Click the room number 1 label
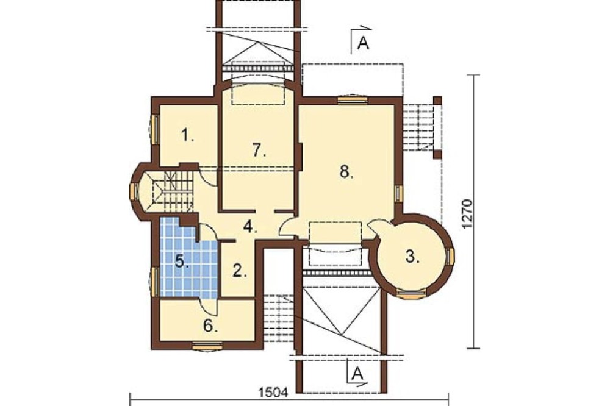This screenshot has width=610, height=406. [187, 136]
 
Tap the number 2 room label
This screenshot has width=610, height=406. [240, 270]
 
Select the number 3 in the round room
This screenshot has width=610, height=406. [412, 257]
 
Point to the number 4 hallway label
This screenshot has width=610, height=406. [250, 226]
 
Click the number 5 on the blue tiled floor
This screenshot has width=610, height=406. [182, 261]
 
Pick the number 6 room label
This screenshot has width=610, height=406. [210, 326]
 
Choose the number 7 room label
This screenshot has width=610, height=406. [259, 150]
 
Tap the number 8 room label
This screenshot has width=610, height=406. [346, 171]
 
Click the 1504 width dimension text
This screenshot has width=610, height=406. [273, 393]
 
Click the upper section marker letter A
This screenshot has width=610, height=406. [363, 43]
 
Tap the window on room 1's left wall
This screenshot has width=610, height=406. [155, 129]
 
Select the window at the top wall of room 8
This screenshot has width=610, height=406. [352, 100]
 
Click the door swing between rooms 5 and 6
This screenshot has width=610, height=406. [209, 307]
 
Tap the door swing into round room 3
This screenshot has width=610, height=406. [378, 228]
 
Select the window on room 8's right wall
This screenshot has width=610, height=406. [399, 193]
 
